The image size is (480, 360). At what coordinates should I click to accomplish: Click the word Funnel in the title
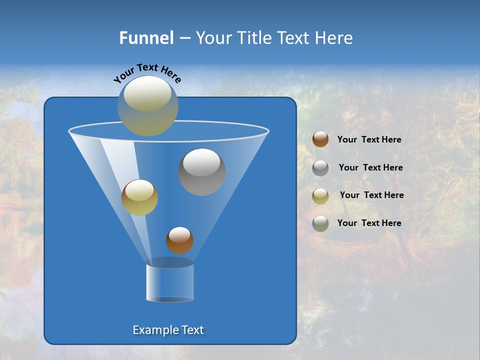pyautogui.click(x=146, y=38)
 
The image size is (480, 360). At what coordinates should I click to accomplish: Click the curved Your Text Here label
pyautogui.click(x=147, y=72)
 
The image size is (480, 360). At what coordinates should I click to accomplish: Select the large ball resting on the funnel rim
pyautogui.click(x=147, y=106)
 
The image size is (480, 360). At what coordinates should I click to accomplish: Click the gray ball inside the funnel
pyautogui.click(x=202, y=172)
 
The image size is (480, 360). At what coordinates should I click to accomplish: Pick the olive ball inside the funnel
pyautogui.click(x=139, y=197)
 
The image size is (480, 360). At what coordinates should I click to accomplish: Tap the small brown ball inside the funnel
pyautogui.click(x=179, y=240)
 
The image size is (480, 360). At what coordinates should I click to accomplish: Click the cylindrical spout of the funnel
pyautogui.click(x=170, y=281)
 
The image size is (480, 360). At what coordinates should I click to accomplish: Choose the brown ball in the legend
pyautogui.click(x=320, y=139)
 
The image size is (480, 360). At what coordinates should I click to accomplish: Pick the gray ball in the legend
pyautogui.click(x=320, y=167)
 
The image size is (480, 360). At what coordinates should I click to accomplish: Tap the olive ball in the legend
pyautogui.click(x=320, y=195)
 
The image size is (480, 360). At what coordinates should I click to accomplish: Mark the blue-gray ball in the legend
pyautogui.click(x=320, y=223)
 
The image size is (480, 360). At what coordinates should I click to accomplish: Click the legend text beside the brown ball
pyautogui.click(x=369, y=139)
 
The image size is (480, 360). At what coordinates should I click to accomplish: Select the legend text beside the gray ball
pyautogui.click(x=370, y=167)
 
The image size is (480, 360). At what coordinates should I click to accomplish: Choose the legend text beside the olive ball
pyautogui.click(x=371, y=195)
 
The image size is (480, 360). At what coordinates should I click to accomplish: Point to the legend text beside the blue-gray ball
pyautogui.click(x=369, y=223)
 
